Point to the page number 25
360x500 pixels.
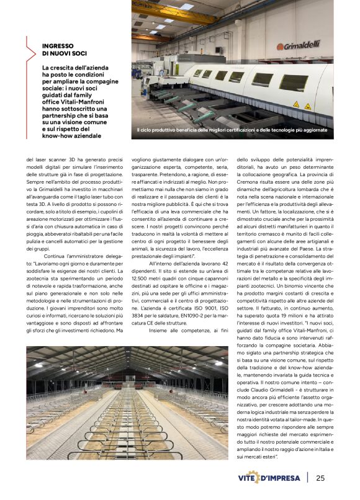320,478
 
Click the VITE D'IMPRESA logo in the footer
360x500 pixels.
269,478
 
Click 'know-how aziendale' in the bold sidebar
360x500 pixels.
71,135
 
